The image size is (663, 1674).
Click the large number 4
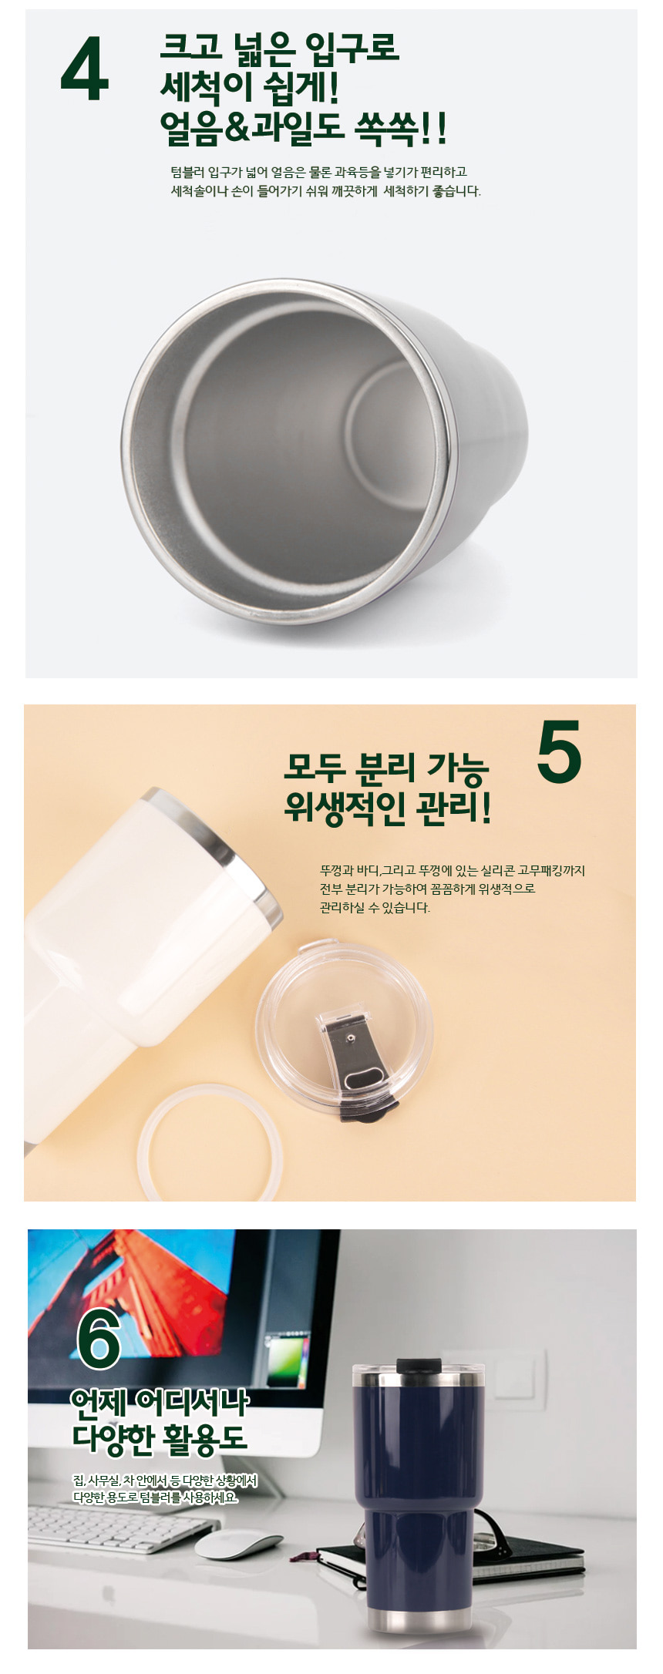85,72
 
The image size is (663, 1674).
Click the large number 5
559,751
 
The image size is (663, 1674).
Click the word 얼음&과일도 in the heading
251,128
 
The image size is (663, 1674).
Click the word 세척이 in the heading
206,87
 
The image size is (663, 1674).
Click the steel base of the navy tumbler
417,1619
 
